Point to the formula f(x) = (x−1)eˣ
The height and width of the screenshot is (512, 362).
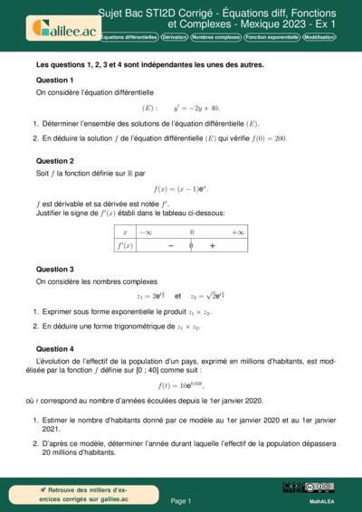181,189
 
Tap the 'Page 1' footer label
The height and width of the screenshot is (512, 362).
181,500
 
